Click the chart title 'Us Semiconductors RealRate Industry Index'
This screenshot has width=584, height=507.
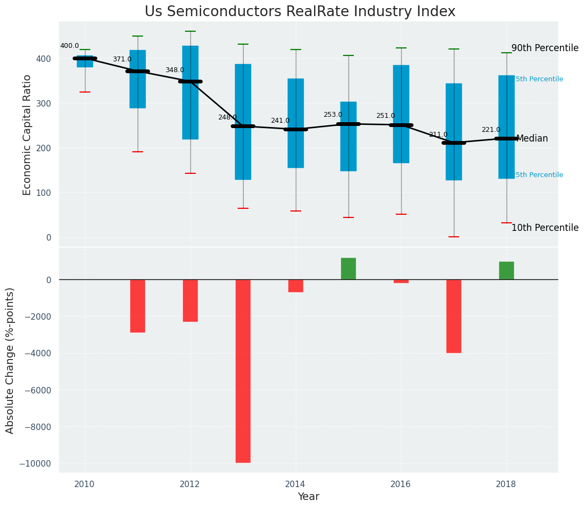tap(300, 12)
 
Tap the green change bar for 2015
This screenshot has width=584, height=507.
tap(348, 269)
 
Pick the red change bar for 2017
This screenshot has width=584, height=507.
tap(454, 316)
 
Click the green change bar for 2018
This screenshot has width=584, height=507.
tap(507, 270)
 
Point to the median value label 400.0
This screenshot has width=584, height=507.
tap(69, 46)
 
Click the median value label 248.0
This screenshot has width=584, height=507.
tap(227, 117)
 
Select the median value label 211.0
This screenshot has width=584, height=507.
tap(438, 135)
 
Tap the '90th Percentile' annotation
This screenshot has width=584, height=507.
tap(545, 48)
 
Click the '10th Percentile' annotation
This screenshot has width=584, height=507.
tap(545, 228)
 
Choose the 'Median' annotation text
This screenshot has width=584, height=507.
tap(532, 139)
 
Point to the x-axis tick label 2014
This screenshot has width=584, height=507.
tap(295, 484)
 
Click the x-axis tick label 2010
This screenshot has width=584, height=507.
tap(84, 484)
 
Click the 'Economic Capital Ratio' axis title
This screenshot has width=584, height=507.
tap(27, 135)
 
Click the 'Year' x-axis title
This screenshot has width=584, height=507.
tap(308, 497)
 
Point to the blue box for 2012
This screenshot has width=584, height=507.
tap(190, 93)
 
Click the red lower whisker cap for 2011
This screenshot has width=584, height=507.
tap(138, 152)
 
